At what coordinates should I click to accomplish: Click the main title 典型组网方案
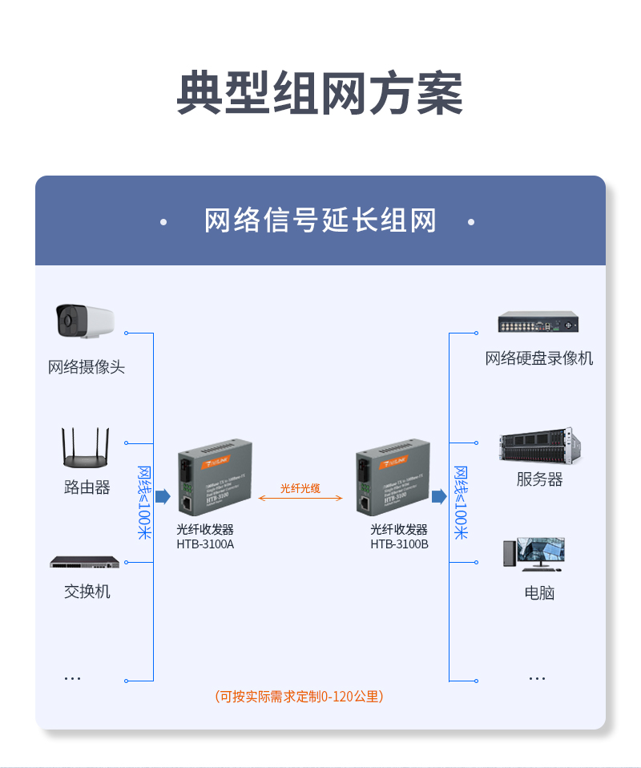coord(320,94)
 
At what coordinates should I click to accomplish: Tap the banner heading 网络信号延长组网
coord(320,220)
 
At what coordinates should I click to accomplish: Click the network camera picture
coord(83,321)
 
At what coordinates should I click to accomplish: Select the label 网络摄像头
coord(87,367)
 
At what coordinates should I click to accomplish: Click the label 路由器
coord(87,487)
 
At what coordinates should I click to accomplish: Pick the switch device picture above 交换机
coord(85,562)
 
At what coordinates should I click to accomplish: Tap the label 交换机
coord(87,592)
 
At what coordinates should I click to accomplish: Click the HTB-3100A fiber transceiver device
coord(214,478)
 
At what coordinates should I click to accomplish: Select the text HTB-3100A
coord(205,544)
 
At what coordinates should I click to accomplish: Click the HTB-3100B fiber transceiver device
coord(392,478)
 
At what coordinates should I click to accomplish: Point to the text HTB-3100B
coord(399,544)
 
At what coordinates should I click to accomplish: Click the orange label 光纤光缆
coord(300,487)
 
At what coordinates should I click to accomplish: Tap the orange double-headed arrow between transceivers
coord(300,498)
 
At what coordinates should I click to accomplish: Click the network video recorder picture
coord(538,322)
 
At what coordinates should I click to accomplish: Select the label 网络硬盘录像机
coord(538,358)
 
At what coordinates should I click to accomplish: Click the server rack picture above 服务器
coord(538,447)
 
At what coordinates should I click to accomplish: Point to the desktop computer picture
coord(534,554)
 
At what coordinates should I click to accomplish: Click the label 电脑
coord(538,593)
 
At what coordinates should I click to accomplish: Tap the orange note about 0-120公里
coord(299,697)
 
